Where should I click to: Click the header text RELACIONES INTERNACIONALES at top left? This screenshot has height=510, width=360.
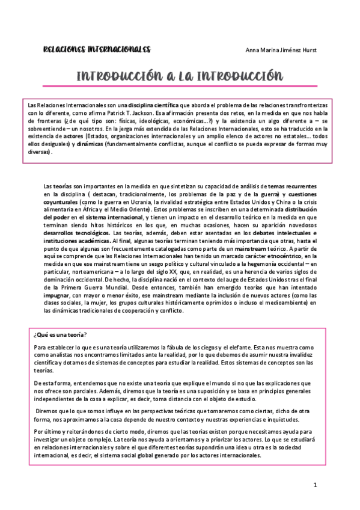97,49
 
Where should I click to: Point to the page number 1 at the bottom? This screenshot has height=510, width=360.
314,485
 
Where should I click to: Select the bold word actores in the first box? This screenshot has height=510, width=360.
73,136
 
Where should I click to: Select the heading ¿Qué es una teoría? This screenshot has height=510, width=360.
60,334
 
